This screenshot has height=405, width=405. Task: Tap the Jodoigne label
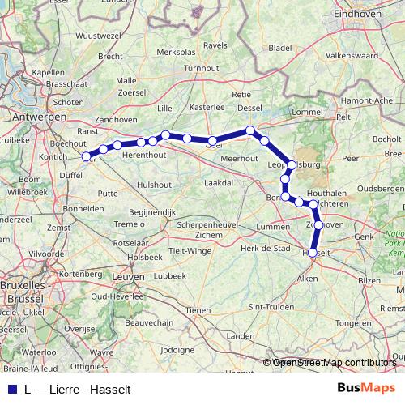(179, 350)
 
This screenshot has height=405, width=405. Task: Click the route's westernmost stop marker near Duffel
(90, 156)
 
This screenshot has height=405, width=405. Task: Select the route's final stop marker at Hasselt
(313, 253)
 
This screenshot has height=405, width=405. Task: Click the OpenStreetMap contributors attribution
(334, 363)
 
